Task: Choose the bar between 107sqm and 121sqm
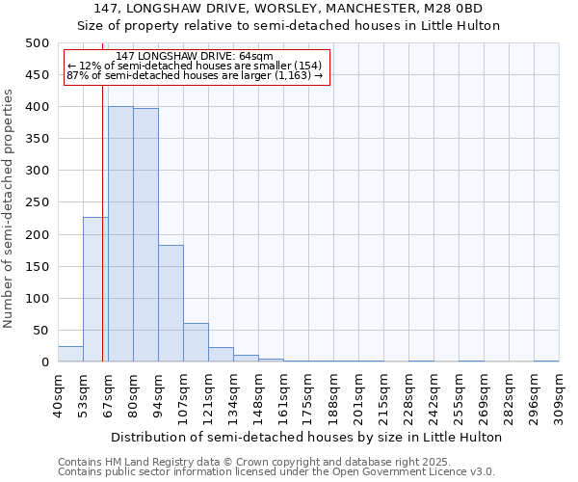click(x=196, y=343)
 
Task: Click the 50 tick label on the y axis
click(x=40, y=331)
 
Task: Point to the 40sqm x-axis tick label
click(x=58, y=393)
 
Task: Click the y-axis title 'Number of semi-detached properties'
click(x=9, y=207)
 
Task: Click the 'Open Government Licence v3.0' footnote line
click(x=276, y=471)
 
